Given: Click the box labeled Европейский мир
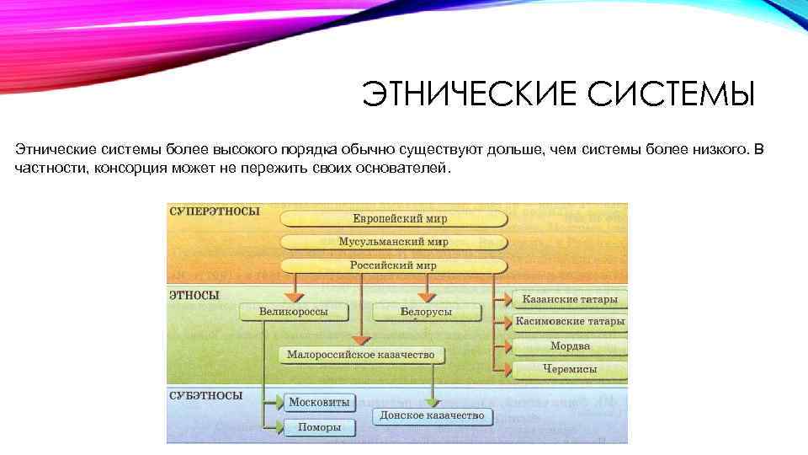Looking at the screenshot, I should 393,218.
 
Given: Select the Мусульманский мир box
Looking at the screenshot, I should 393,242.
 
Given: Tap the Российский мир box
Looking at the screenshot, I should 393,265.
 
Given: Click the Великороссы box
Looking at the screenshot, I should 294,312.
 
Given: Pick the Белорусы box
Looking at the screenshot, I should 426,312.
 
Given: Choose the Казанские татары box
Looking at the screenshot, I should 570,299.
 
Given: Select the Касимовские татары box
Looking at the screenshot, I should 570,322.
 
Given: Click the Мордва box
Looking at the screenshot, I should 570,345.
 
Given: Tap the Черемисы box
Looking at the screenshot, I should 570,369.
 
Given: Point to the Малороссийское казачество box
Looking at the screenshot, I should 361,355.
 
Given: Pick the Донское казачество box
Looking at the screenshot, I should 432,415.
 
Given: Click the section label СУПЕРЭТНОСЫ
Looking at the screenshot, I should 215,211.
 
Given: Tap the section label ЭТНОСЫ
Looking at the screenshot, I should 194,296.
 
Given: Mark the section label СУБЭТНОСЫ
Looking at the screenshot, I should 206,395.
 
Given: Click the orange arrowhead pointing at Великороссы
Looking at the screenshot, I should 294,297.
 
